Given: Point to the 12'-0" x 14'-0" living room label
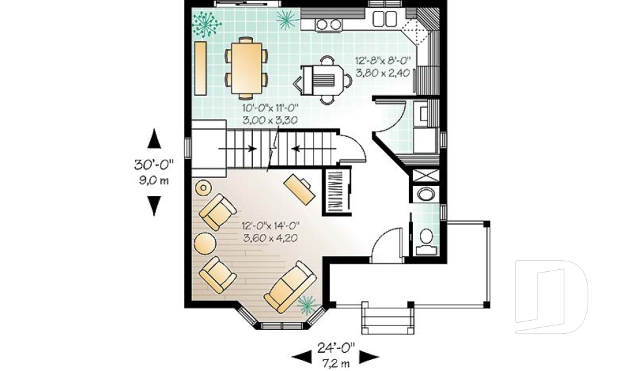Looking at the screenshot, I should coord(270,232).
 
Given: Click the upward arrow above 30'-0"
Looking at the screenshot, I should coord(153,138).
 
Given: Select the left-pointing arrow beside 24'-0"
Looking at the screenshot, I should coord(301,356).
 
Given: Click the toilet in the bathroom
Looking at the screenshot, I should coord(428,239).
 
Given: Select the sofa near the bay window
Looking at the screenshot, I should coord(290,286).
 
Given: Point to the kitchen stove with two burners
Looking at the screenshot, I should coord(329,24).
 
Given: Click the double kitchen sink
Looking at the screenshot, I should coord(384,18).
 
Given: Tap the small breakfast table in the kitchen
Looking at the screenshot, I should coord(327,81).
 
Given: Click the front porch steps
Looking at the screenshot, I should coord(388,319).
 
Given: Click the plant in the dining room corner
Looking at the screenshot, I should coord(207,25).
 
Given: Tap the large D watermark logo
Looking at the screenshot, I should coord(551,297).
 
